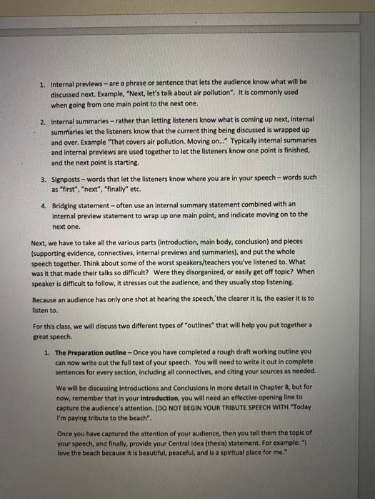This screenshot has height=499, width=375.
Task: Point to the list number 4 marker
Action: tap(43, 205)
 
